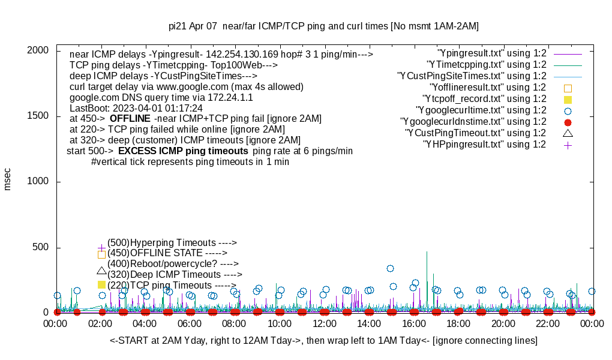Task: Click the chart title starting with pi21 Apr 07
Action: coord(323,26)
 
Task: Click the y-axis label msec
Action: coord(8,179)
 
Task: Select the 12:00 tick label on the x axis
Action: coord(324,324)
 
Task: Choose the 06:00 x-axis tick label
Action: coord(190,324)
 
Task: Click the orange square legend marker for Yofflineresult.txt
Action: coord(568,88)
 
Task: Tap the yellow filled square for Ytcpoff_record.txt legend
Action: coord(568,99)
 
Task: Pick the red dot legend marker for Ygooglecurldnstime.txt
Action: coord(568,122)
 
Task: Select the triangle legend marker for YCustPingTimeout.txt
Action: coord(568,133)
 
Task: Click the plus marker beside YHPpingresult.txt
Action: coord(568,145)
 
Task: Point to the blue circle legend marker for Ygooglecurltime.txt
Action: coord(568,110)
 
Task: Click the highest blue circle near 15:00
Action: coord(390,268)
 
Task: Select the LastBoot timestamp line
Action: coord(136,109)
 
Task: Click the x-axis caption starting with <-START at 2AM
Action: coord(323,341)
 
